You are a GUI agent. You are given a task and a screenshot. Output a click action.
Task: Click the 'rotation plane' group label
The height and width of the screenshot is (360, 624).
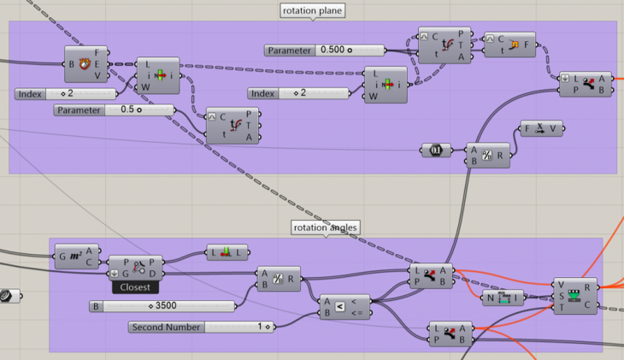pyautogui.click(x=312, y=11)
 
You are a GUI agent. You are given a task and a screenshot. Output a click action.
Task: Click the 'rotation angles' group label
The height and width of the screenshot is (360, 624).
pyautogui.click(x=325, y=227)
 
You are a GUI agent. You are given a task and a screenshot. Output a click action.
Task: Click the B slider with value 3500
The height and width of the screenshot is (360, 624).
pyautogui.click(x=162, y=305)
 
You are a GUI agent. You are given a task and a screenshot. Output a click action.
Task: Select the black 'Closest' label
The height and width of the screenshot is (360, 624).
pyautogui.click(x=135, y=287)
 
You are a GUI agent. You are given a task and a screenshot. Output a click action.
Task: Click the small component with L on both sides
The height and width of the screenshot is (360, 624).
pyautogui.click(x=227, y=252)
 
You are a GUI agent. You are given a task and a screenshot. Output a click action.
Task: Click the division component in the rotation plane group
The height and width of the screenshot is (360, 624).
pyautogui.click(x=487, y=154)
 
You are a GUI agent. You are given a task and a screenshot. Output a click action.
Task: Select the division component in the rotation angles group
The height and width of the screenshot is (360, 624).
pyautogui.click(x=278, y=279)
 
